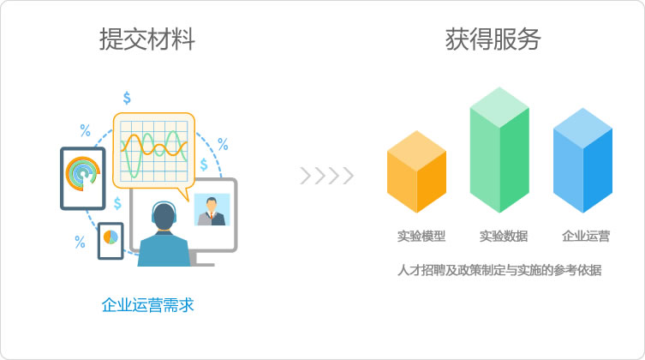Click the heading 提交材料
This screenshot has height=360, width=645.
click(147, 39)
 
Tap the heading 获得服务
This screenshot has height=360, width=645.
click(493, 39)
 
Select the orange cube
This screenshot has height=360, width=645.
click(416, 171)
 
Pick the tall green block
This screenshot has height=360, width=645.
click(499, 150)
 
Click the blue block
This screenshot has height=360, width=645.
click(582, 160)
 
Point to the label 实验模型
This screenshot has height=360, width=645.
click(421, 237)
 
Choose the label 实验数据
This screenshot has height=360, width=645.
click(504, 237)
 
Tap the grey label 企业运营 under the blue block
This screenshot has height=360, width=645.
click(586, 237)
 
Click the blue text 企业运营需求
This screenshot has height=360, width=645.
click(147, 305)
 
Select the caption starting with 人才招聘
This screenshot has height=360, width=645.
click(499, 270)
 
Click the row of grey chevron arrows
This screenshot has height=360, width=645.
click(327, 176)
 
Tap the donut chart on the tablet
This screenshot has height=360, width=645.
click(83, 174)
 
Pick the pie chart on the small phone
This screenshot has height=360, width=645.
click(110, 237)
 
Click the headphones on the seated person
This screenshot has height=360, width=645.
click(164, 211)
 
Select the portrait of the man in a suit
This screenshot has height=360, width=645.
click(212, 209)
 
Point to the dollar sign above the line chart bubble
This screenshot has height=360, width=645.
click(127, 98)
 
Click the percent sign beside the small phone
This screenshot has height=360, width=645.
click(80, 242)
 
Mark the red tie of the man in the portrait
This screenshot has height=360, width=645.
click(212, 216)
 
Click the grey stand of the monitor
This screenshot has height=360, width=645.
click(201, 259)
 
